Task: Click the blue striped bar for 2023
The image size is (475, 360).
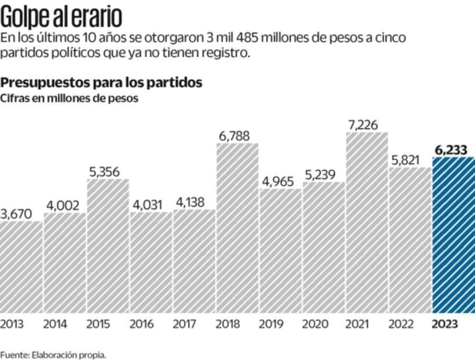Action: [x=454, y=235]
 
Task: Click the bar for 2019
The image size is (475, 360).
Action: [x=280, y=250]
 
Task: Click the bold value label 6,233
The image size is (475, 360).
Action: [x=451, y=150]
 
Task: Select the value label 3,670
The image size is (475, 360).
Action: [x=16, y=214]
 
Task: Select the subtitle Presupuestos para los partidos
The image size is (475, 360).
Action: [x=102, y=82]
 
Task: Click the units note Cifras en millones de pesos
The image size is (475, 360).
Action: [x=69, y=98]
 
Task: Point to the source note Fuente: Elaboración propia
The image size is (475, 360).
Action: [x=53, y=354]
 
